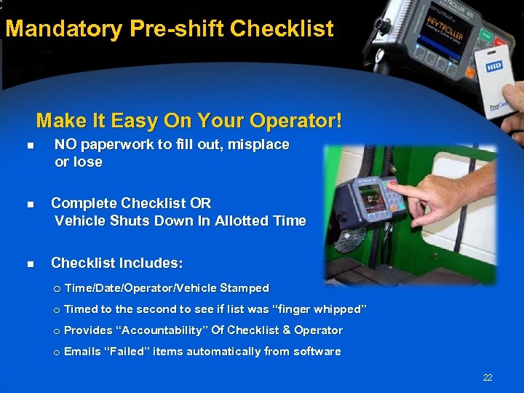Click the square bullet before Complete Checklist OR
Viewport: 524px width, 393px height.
click(x=30, y=205)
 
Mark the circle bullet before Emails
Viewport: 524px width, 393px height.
click(x=56, y=352)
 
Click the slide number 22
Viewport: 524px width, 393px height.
click(x=487, y=378)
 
